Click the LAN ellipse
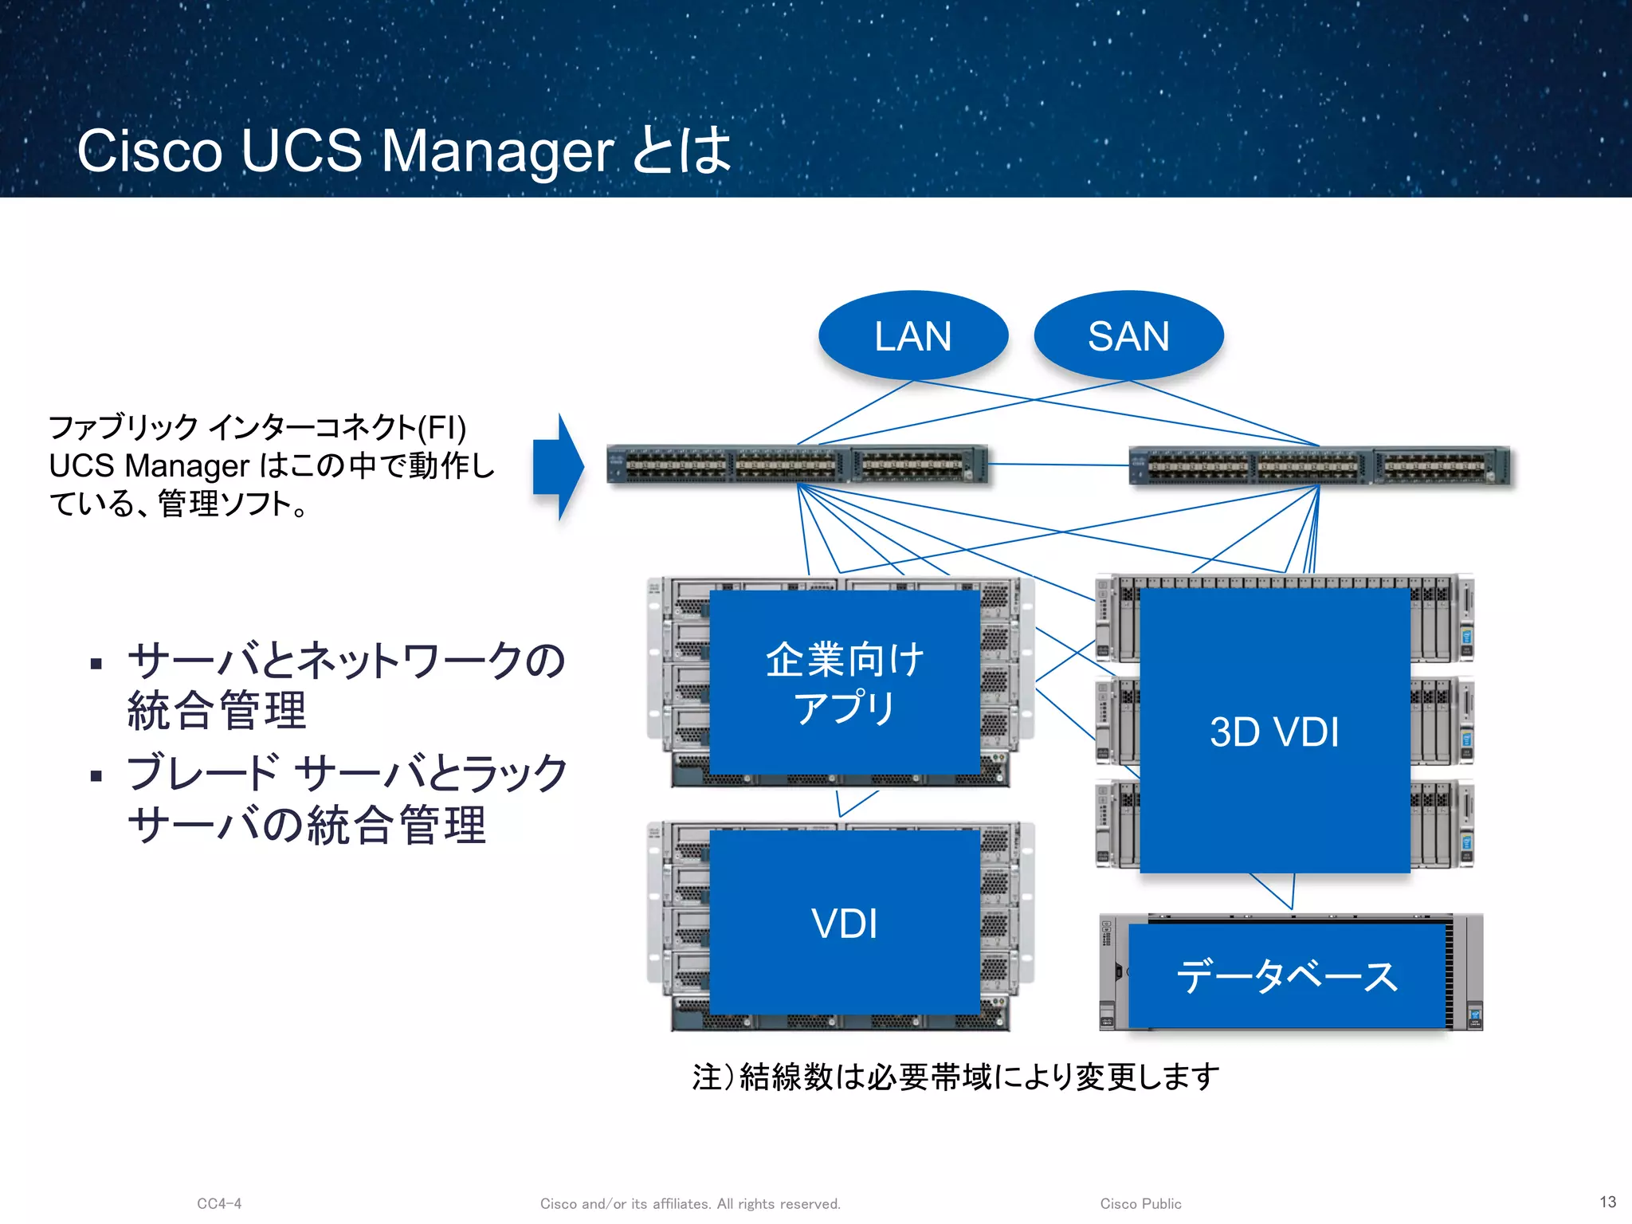pyautogui.click(x=913, y=335)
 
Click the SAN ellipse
pyautogui.click(x=1128, y=335)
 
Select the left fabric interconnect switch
pyautogui.click(x=797, y=465)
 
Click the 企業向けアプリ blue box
pyautogui.click(x=845, y=682)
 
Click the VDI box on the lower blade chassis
pyautogui.click(x=845, y=923)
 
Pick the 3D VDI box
pyautogui.click(x=1275, y=731)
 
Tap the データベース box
pyautogui.click(x=1287, y=976)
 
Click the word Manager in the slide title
pyautogui.click(x=497, y=151)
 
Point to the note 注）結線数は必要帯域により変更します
pyautogui.click(x=956, y=1077)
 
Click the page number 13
pyautogui.click(x=1607, y=1202)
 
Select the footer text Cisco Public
pyautogui.click(x=1140, y=1203)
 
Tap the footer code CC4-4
pyautogui.click(x=219, y=1203)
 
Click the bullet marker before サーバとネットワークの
pyautogui.click(x=96, y=663)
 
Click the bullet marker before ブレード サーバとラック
pyautogui.click(x=96, y=775)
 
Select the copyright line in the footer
pyautogui.click(x=690, y=1203)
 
